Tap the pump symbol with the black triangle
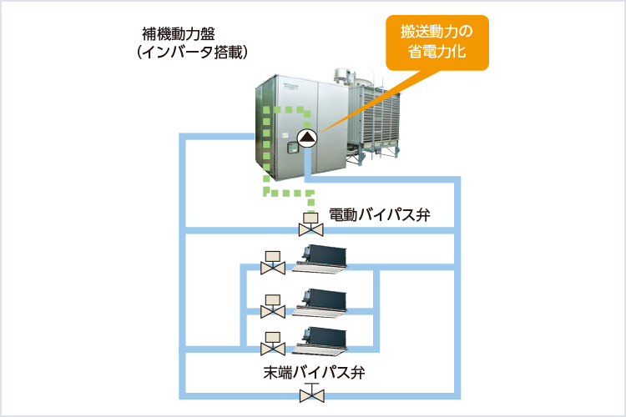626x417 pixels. click(307, 138)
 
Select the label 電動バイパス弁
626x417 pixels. click(379, 214)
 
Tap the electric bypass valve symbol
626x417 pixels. click(310, 224)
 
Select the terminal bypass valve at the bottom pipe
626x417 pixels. click(310, 393)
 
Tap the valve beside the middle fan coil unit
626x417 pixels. click(272, 306)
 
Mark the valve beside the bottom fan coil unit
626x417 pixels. click(272, 343)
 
